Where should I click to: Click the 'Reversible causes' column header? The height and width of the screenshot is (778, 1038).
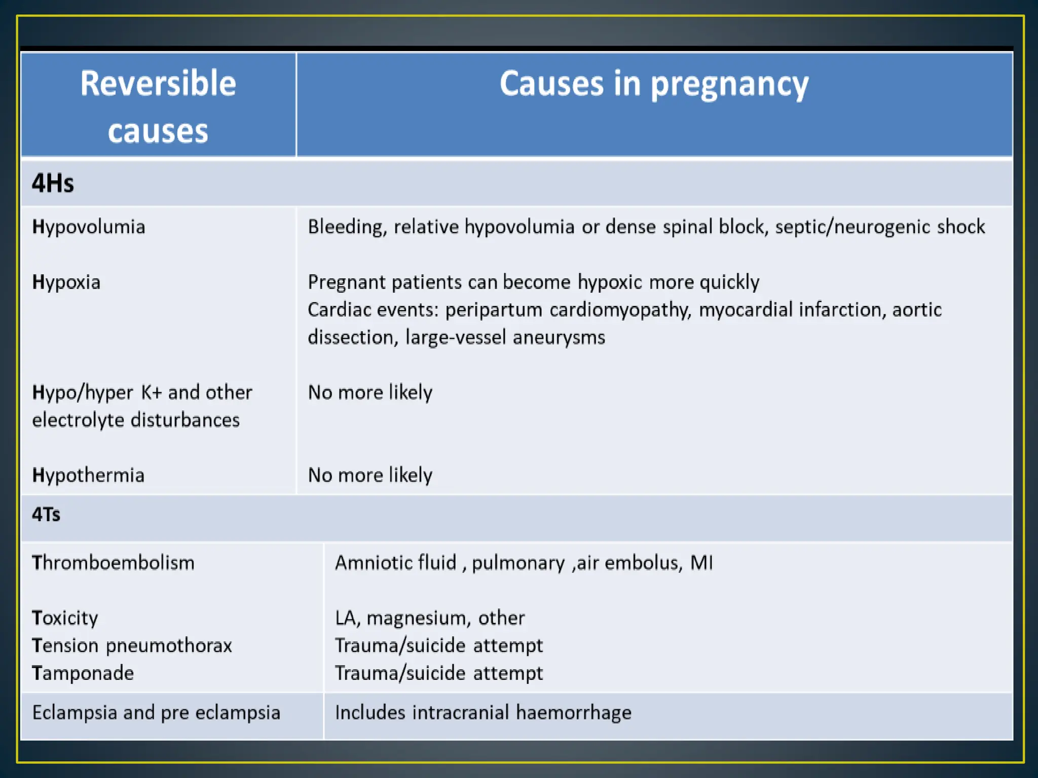158,106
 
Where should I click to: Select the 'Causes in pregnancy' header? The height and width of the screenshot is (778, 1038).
654,84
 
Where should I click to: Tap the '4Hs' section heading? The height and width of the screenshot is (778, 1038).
53,183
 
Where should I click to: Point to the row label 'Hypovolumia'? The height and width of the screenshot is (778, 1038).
89,227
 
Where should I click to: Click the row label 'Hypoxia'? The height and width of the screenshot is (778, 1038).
66,282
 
